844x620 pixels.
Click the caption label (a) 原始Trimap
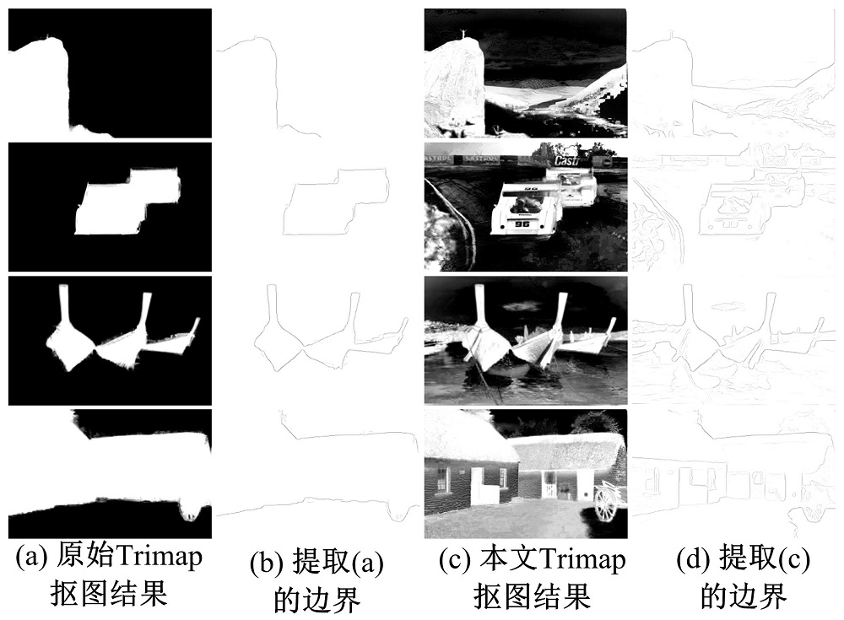[109, 557]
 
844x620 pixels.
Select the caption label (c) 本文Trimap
[533, 560]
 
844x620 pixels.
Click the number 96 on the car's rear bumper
[522, 224]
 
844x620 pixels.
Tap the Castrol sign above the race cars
[567, 160]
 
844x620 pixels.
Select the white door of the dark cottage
[479, 487]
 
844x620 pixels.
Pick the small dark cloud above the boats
[517, 307]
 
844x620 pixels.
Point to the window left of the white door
[442, 479]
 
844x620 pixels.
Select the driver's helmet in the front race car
[521, 203]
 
